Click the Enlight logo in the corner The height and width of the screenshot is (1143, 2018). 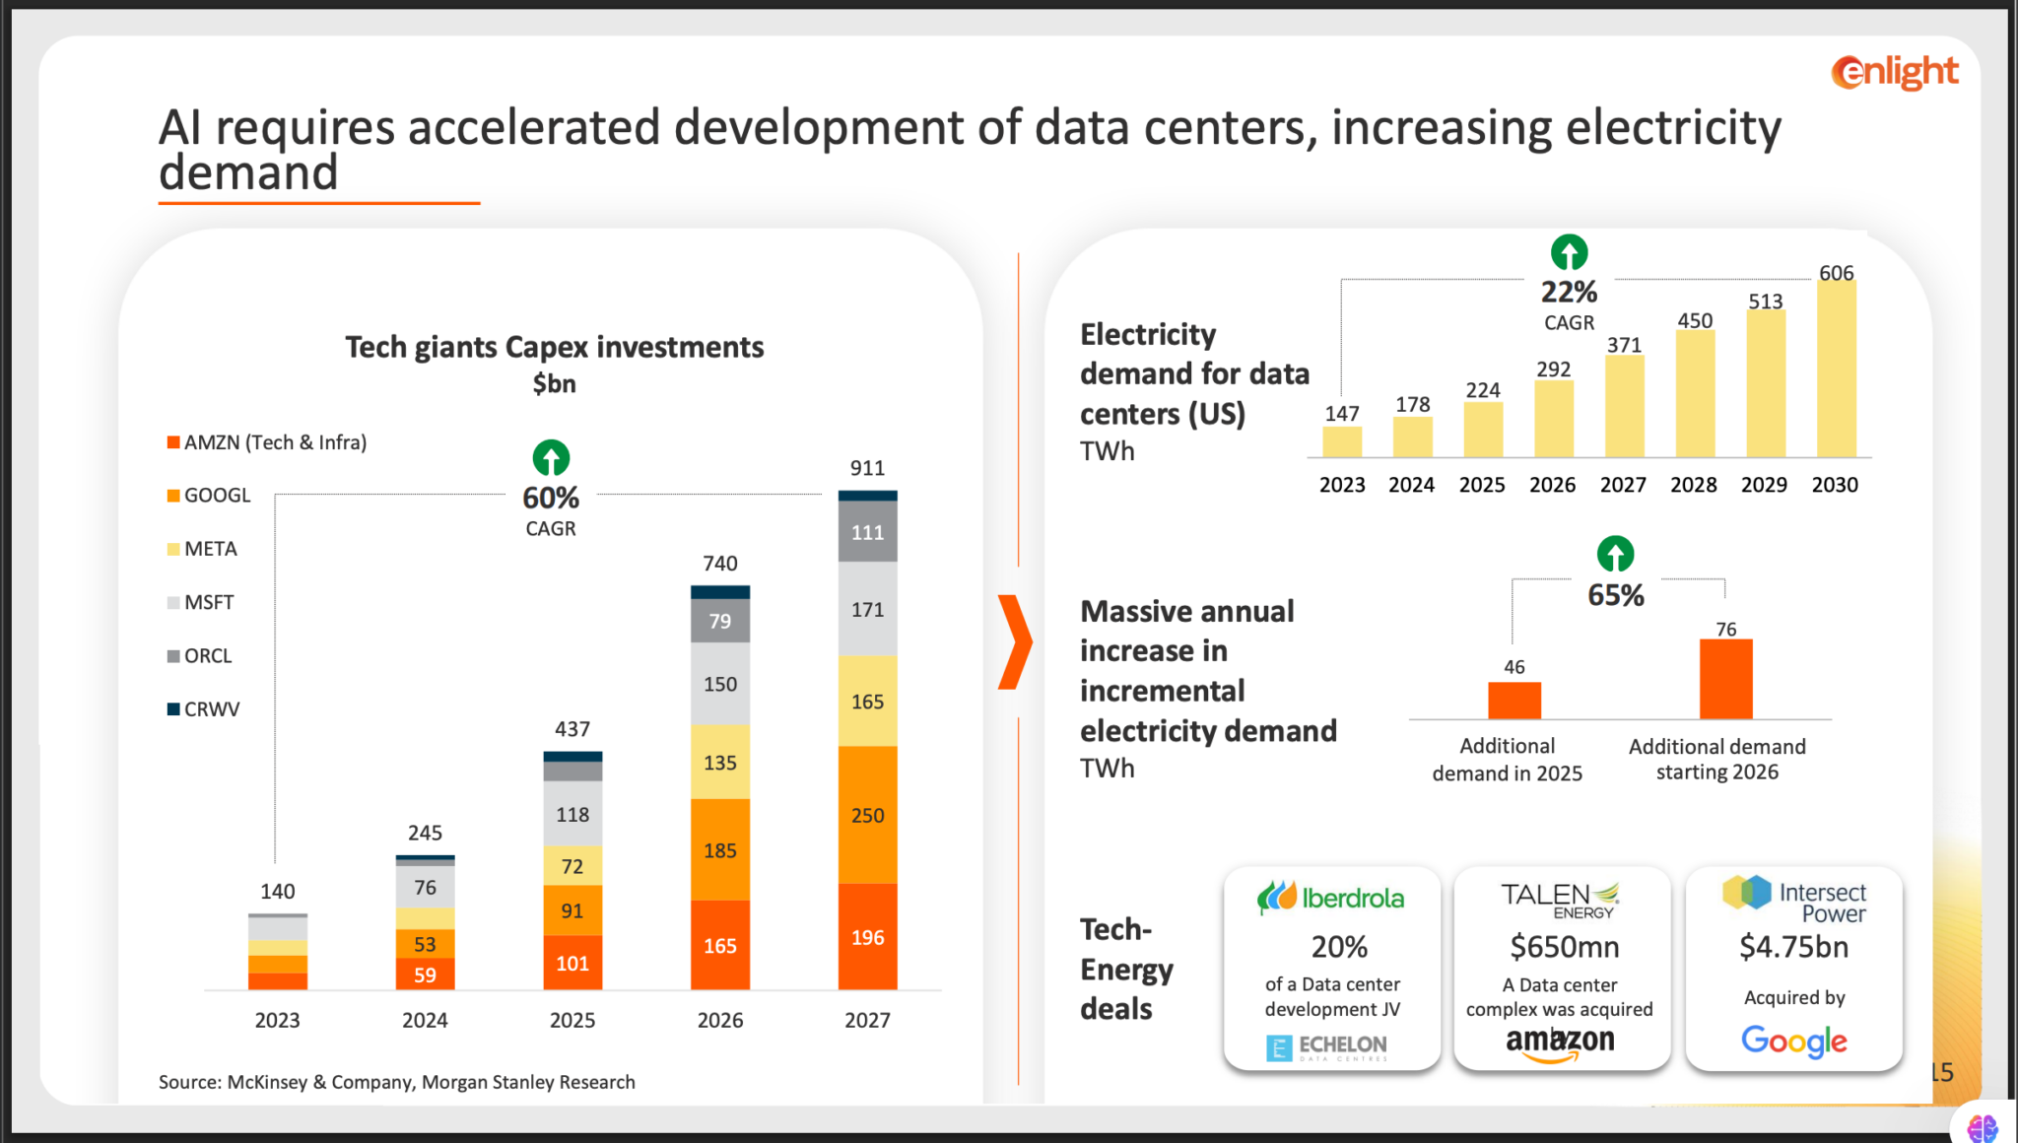1894,72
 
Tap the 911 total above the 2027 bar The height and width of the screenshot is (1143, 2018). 867,468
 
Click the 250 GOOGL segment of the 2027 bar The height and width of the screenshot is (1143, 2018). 867,816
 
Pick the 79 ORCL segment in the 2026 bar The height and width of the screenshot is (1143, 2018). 720,622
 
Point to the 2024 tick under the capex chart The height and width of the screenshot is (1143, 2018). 425,1021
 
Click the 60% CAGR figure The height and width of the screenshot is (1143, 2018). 551,498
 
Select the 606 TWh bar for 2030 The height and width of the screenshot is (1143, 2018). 1836,369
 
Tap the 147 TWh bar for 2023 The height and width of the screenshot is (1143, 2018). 1342,441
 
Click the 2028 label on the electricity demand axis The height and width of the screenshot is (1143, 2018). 1693,485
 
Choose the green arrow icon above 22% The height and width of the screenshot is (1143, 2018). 1569,253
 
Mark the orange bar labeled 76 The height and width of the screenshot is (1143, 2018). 1725,679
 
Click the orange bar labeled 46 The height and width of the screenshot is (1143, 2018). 1513,701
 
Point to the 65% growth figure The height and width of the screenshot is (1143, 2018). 1615,595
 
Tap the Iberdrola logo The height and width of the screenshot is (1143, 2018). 1330,898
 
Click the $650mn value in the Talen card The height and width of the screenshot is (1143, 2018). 1564,947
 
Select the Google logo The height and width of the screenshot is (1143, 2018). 1793,1042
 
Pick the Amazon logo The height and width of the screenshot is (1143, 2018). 1560,1042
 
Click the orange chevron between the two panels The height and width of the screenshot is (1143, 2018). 1014,642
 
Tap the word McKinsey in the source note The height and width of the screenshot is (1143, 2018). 267,1082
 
